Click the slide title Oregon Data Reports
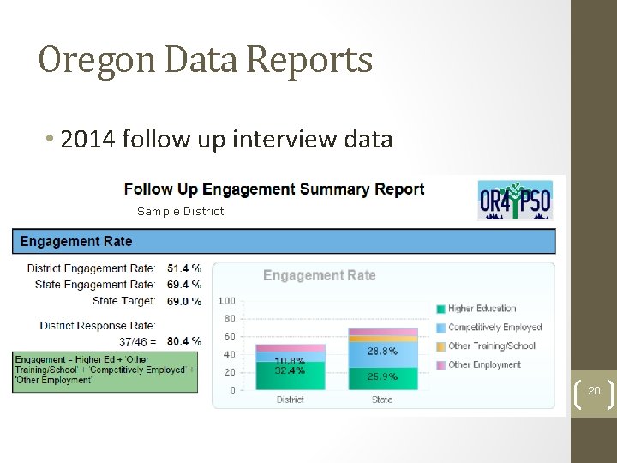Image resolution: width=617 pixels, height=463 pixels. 206,61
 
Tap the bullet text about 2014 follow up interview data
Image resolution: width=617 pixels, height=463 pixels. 226,138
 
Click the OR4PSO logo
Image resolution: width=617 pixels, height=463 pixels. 514,201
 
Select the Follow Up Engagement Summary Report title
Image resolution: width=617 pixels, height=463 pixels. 274,189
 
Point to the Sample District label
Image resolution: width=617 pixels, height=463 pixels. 180,212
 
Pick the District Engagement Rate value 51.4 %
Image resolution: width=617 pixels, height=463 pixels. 184,268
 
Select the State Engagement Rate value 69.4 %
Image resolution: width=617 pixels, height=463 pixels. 184,284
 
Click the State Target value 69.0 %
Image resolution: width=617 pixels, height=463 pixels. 184,301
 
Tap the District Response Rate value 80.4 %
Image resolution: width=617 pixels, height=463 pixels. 184,341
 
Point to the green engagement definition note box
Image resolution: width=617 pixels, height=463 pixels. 105,370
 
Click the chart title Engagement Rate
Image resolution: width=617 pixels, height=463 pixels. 319,275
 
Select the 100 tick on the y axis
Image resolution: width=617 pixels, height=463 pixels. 227,301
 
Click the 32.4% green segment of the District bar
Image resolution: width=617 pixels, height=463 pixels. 291,376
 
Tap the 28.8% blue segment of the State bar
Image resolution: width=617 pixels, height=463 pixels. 382,352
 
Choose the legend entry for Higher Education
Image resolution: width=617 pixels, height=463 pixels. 482,309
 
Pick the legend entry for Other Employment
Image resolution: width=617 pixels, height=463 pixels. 484,364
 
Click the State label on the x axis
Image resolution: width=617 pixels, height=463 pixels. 382,400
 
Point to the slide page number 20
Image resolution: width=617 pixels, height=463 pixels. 594,390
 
